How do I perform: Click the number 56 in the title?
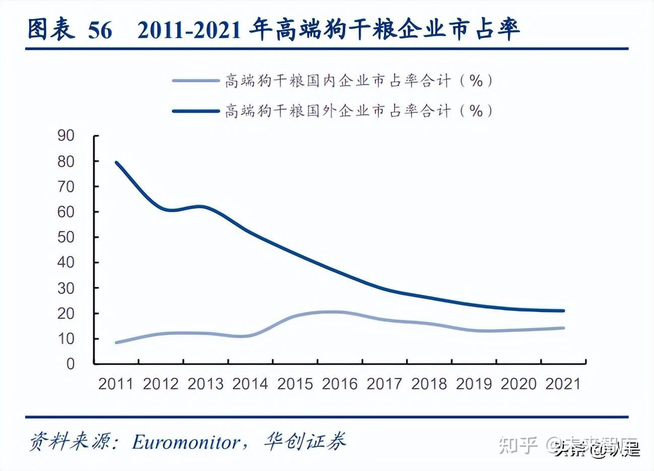[100, 30]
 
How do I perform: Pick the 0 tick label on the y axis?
[71, 363]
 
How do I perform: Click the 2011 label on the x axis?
[116, 384]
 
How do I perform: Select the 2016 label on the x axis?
[340, 384]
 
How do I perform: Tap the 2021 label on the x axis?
[563, 384]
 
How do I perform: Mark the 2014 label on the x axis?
[250, 384]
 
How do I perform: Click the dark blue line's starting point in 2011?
[116, 163]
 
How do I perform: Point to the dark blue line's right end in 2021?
[563, 311]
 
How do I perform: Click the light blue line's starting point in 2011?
[116, 342]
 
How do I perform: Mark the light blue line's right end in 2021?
[563, 328]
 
